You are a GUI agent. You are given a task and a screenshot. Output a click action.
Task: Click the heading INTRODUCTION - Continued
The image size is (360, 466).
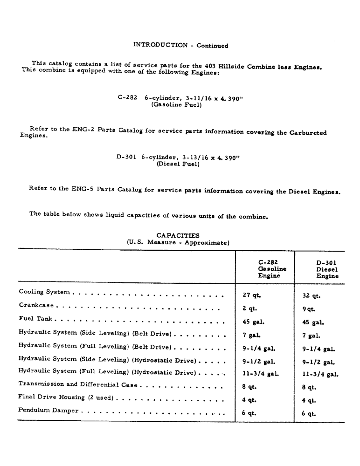[x=180, y=45]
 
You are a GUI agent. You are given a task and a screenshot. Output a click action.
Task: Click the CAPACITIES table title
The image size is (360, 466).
[x=178, y=236]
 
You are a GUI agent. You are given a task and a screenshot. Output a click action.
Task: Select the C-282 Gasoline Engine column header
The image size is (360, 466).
[x=272, y=269]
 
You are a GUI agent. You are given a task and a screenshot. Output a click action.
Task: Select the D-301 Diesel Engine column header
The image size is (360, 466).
[x=326, y=269]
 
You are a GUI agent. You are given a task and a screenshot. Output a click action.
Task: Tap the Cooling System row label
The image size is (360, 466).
[x=44, y=292]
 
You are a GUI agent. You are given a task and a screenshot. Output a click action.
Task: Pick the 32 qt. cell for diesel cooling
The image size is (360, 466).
[x=311, y=295]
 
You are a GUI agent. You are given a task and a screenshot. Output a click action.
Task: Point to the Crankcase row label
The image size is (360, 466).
[x=37, y=305]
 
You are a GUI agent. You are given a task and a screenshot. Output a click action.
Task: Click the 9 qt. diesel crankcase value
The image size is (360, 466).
[x=308, y=308]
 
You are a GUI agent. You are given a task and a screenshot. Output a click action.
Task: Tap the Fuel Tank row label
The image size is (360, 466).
[x=36, y=319]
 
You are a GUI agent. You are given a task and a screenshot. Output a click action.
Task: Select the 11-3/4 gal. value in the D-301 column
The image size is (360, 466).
[x=320, y=374]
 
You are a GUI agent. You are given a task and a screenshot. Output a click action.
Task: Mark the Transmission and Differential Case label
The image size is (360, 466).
[x=79, y=384]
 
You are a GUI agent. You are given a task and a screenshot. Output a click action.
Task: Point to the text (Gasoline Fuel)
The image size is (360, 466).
[x=176, y=105]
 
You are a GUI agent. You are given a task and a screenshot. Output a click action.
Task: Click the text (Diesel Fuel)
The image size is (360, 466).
[x=178, y=164]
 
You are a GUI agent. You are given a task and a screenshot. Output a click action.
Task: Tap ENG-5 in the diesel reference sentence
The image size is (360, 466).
[x=82, y=188]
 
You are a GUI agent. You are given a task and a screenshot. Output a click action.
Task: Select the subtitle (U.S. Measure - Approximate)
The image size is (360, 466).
[x=178, y=243]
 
